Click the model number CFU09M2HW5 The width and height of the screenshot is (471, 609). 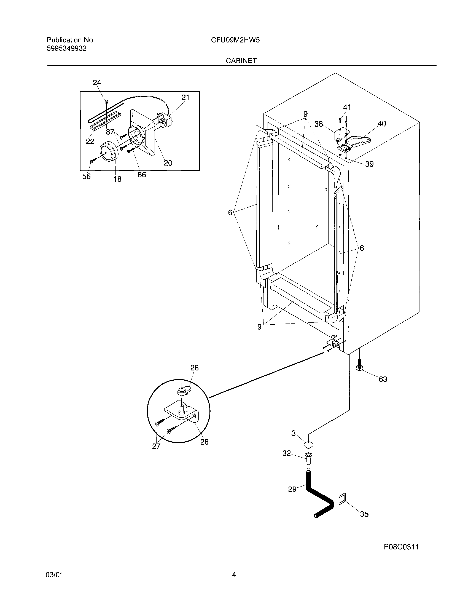235,40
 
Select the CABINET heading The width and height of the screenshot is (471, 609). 241,61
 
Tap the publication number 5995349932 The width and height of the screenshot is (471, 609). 67,49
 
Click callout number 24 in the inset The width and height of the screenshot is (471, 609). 97,82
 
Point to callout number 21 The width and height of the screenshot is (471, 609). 185,97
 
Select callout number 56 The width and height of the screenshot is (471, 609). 86,176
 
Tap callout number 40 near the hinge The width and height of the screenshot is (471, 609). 381,124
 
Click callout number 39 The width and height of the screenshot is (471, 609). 369,164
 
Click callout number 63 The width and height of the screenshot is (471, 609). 383,379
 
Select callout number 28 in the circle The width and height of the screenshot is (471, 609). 204,442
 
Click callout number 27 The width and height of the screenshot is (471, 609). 156,446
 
